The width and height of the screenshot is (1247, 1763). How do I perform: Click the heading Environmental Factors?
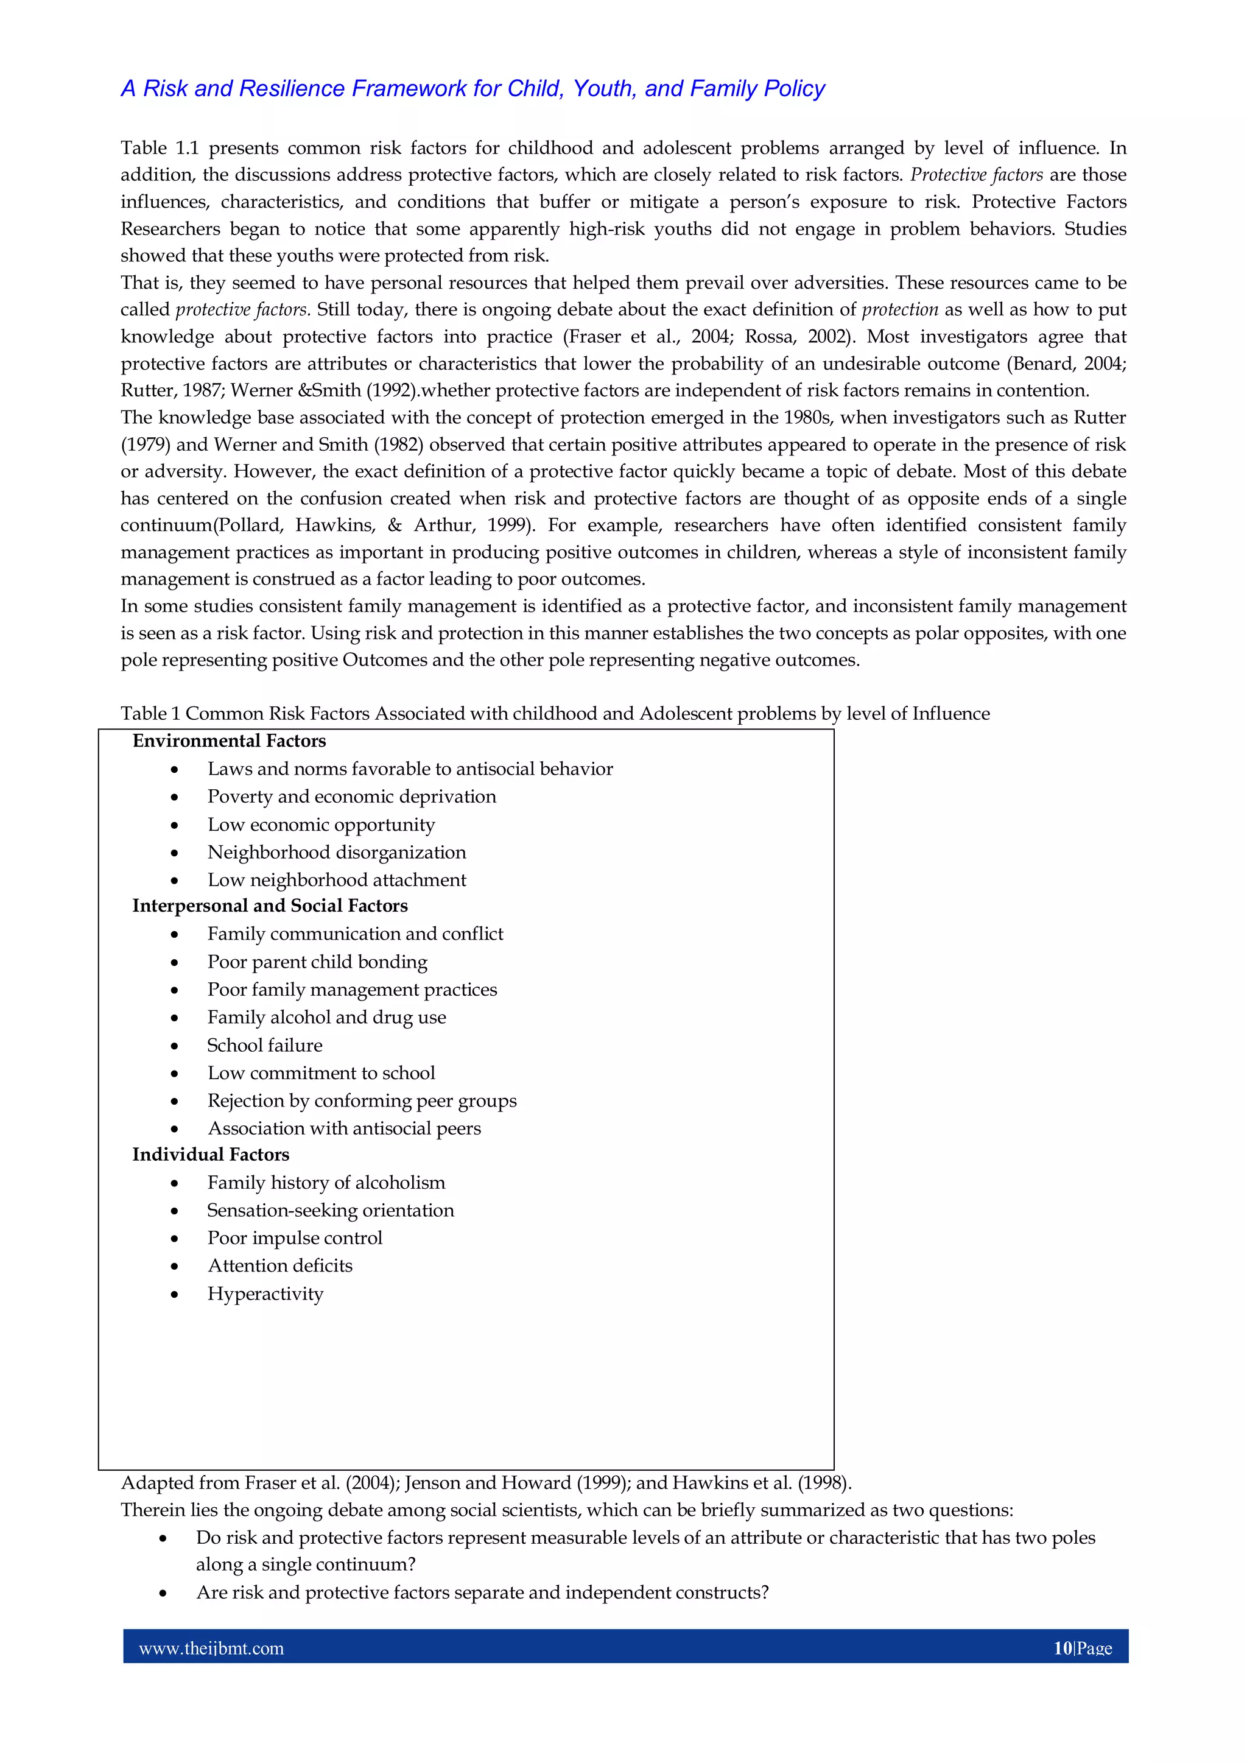click(x=229, y=741)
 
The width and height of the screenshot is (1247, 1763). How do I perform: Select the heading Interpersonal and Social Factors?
click(x=270, y=906)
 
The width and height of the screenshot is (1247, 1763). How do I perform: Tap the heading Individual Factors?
click(x=211, y=1155)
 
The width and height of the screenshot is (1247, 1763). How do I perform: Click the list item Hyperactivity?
click(x=265, y=1294)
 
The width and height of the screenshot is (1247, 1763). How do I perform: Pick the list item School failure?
click(x=264, y=1046)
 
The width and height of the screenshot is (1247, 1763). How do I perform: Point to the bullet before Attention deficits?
click(x=175, y=1267)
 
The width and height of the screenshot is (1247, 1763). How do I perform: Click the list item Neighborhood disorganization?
click(x=336, y=853)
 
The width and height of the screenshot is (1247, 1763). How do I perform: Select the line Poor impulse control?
click(x=294, y=1239)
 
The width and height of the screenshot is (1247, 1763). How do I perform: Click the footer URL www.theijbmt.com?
click(x=211, y=1649)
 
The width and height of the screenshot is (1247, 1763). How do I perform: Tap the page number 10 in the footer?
click(x=1062, y=1649)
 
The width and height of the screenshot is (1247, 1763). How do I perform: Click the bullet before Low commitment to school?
click(x=175, y=1074)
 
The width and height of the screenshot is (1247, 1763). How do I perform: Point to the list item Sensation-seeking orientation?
click(x=330, y=1211)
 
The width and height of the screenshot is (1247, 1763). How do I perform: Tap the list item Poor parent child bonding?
click(x=317, y=962)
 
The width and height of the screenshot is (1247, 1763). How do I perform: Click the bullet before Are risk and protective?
click(x=163, y=1594)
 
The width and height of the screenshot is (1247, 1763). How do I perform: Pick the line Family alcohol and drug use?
click(x=326, y=1018)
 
